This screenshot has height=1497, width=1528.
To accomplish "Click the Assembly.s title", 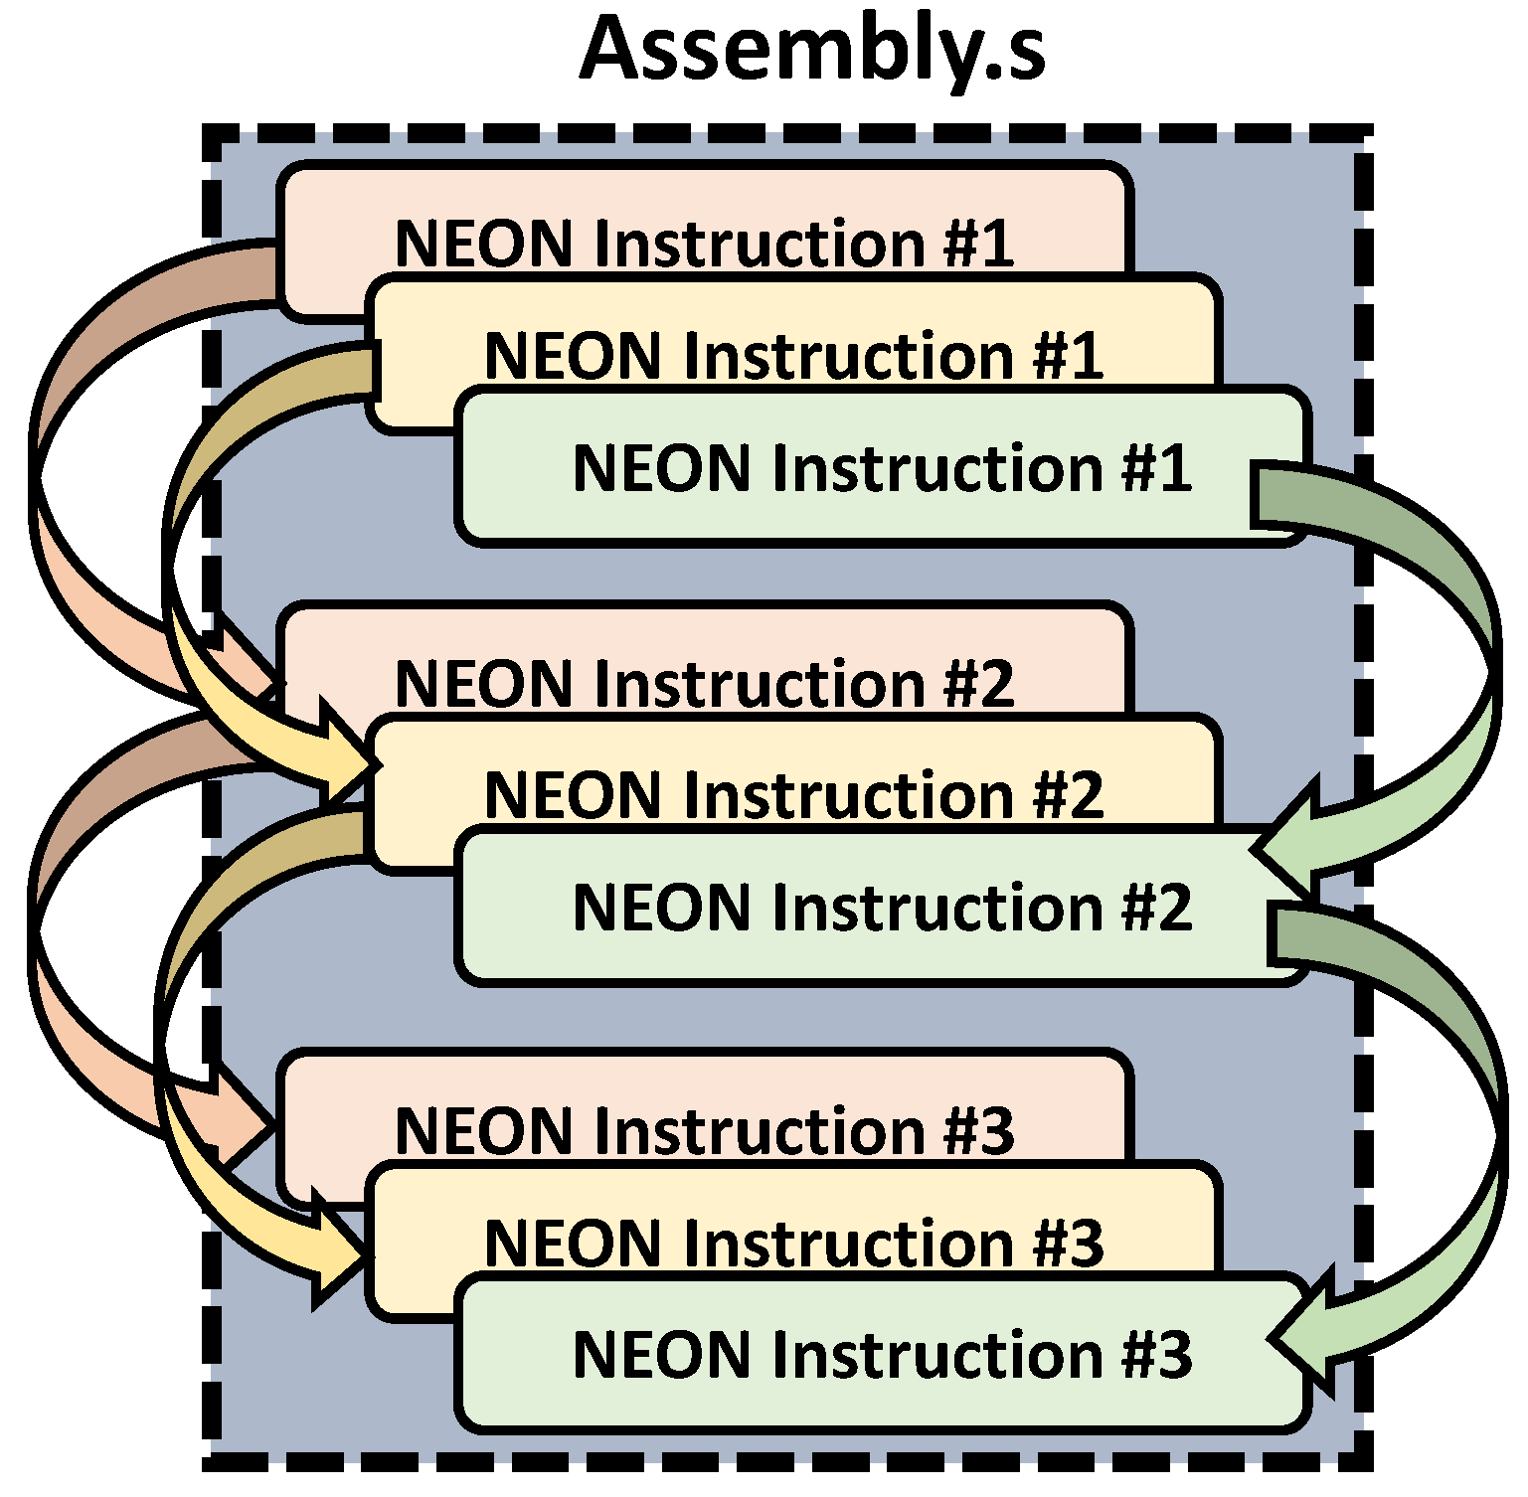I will pyautogui.click(x=811, y=50).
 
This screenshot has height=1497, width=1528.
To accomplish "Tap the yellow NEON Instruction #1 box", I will pyautogui.click(x=792, y=355).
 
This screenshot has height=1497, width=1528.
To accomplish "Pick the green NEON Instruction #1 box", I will pyautogui.click(x=881, y=467).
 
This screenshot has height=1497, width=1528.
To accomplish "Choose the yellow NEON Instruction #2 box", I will pyautogui.click(x=792, y=795).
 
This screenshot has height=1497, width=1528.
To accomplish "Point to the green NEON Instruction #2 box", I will pyautogui.click(x=881, y=908).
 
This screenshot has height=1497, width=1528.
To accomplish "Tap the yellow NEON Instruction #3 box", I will pyautogui.click(x=792, y=1243).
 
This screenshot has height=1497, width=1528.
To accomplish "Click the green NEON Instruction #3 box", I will pyautogui.click(x=881, y=1354).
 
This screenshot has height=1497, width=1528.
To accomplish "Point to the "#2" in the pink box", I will pyautogui.click(x=979, y=684).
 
